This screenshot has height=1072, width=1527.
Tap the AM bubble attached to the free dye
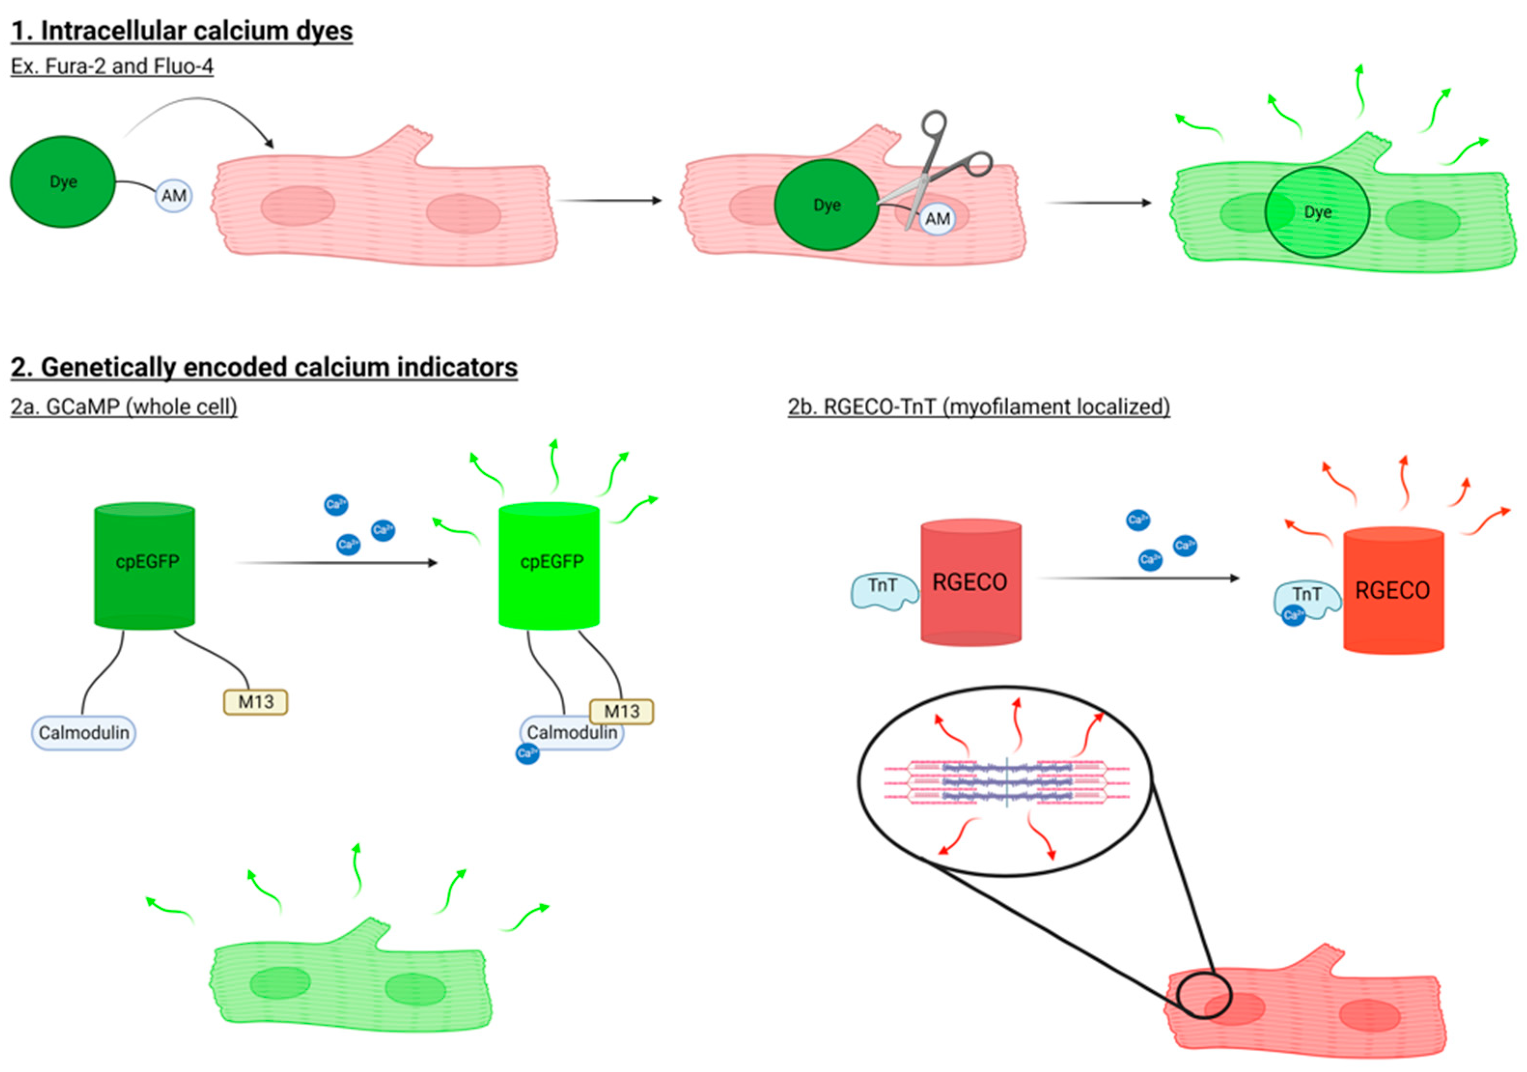174,195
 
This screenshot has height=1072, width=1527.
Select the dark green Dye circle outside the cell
63,181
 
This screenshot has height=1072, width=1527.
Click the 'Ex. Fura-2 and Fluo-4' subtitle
112,67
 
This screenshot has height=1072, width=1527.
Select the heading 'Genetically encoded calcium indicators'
264,367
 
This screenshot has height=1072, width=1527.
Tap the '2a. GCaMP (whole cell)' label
124,406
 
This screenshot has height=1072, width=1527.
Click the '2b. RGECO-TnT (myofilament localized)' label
978,406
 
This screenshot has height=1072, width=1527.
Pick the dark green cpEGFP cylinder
144,566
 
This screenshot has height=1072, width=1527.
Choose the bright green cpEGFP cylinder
549,566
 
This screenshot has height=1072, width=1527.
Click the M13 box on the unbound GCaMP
255,701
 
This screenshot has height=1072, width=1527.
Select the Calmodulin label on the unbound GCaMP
84,732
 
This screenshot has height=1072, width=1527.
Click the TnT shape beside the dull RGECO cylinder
883,590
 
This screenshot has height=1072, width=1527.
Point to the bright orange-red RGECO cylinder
1393,590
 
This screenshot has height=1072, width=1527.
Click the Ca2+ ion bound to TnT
1293,615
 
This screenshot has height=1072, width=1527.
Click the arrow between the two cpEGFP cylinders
336,563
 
